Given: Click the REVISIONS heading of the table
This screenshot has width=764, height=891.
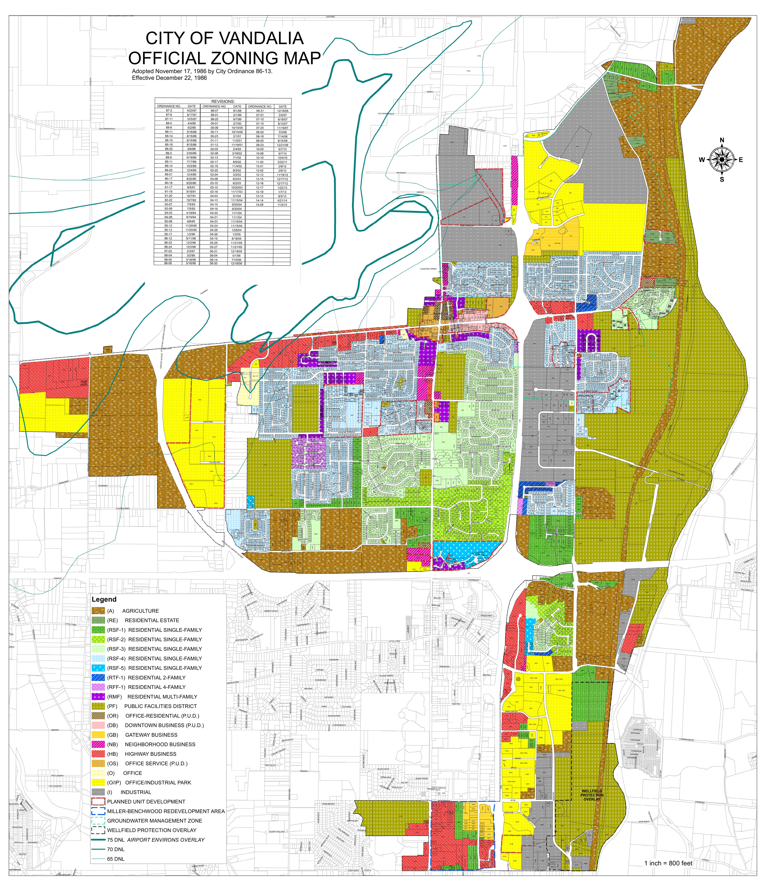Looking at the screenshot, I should tap(223, 102).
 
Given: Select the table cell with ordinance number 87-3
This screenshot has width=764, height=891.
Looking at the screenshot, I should tap(169, 110).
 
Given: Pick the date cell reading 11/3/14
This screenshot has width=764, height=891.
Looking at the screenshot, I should tap(282, 205).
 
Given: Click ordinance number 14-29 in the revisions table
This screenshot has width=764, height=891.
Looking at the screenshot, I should tap(259, 205).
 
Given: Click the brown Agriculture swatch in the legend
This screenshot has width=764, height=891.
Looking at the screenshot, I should tap(98, 611).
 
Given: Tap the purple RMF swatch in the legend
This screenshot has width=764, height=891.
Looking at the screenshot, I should tap(98, 697).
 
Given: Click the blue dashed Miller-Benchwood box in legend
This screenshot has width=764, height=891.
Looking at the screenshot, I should tap(98, 811).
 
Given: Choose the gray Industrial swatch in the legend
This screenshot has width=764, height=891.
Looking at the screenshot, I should tap(98, 792).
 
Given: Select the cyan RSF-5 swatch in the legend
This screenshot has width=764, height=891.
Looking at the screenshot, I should tap(98, 668).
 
